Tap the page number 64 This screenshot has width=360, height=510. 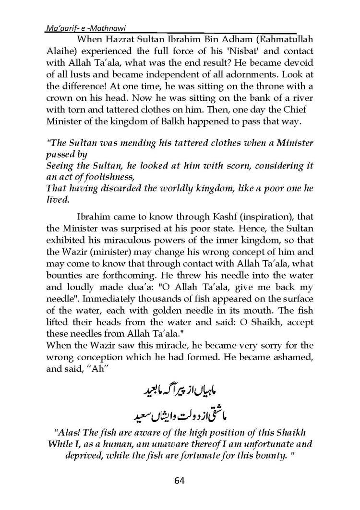[x=180, y=480]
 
